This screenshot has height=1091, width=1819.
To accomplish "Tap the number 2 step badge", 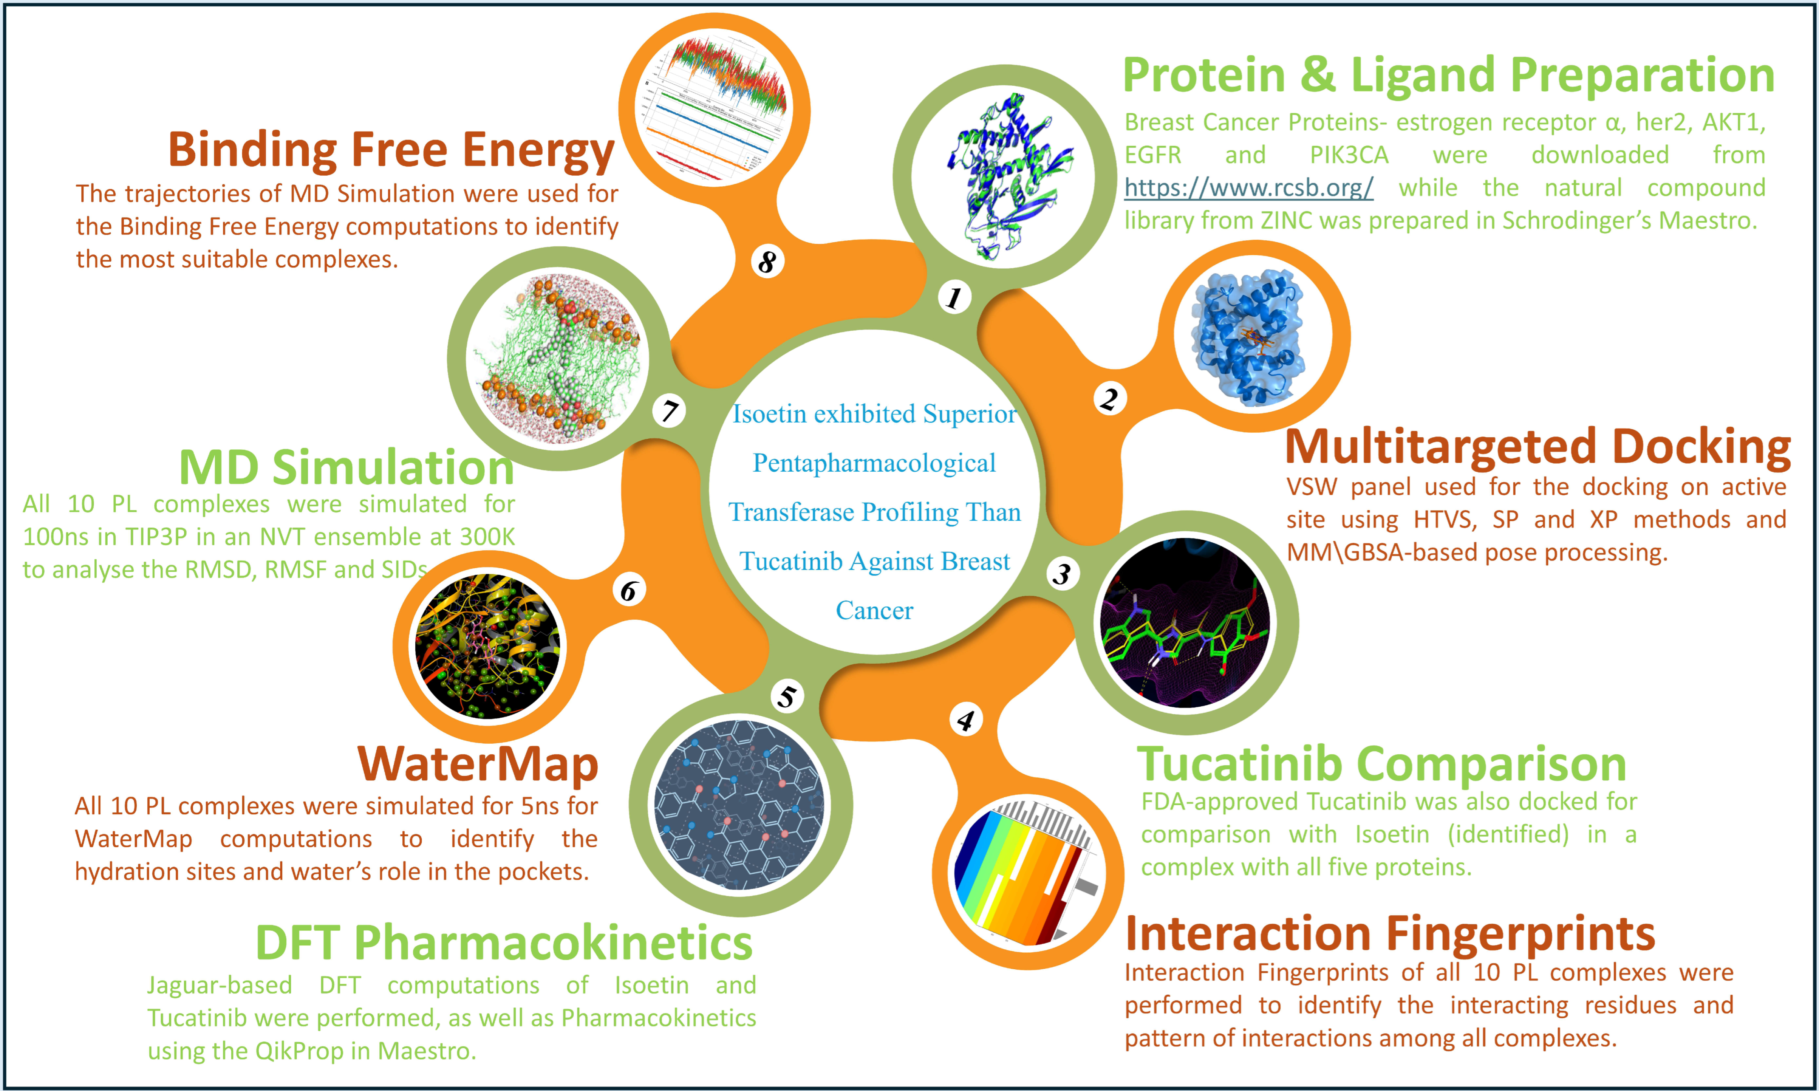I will coord(1109,398).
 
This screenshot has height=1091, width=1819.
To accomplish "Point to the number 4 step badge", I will coord(966,720).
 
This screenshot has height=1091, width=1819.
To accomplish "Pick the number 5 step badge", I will coord(787,695).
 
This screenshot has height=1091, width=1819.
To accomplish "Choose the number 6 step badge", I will coord(629,590).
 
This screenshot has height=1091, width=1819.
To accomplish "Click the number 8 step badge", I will coord(767,261).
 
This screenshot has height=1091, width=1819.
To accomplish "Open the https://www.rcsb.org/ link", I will coord(1248,187).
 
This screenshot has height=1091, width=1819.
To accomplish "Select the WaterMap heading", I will coord(478,764).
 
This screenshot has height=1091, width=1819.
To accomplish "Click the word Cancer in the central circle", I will coord(875,610).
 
